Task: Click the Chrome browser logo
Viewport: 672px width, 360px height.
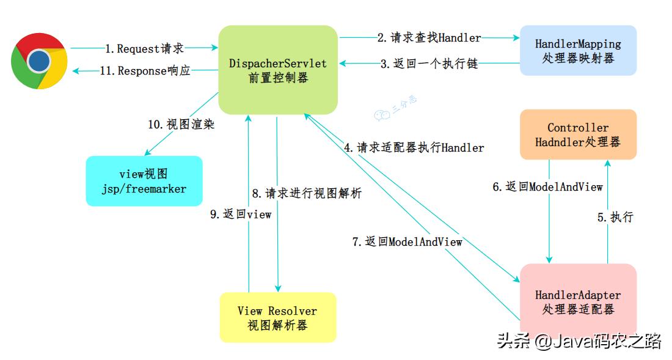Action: (x=38, y=61)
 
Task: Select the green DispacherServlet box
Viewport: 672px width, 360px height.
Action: (x=278, y=70)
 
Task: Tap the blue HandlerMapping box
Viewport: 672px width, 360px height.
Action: (x=578, y=51)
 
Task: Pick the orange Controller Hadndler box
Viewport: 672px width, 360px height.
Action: (x=578, y=134)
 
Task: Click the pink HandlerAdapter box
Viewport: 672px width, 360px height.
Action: (x=578, y=302)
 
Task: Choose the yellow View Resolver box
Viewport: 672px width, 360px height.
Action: (x=277, y=318)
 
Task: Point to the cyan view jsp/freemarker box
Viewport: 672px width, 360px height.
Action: (x=144, y=181)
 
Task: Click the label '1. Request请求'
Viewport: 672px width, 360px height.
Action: (x=144, y=48)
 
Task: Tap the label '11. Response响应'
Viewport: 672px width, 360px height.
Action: (x=145, y=71)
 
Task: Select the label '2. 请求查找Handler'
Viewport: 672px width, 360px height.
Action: (x=429, y=38)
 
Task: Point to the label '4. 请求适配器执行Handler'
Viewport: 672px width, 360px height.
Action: (x=414, y=147)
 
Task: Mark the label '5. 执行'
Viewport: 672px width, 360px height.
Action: (x=615, y=217)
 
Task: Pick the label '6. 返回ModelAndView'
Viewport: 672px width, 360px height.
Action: (x=548, y=187)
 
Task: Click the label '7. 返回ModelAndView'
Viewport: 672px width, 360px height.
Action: (x=407, y=241)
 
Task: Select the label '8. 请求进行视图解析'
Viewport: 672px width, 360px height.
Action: (x=307, y=194)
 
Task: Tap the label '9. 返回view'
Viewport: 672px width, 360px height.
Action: (x=241, y=215)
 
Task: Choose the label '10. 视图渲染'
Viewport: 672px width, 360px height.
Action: (x=181, y=124)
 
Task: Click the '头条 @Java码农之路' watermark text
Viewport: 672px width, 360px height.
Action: (x=579, y=340)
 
